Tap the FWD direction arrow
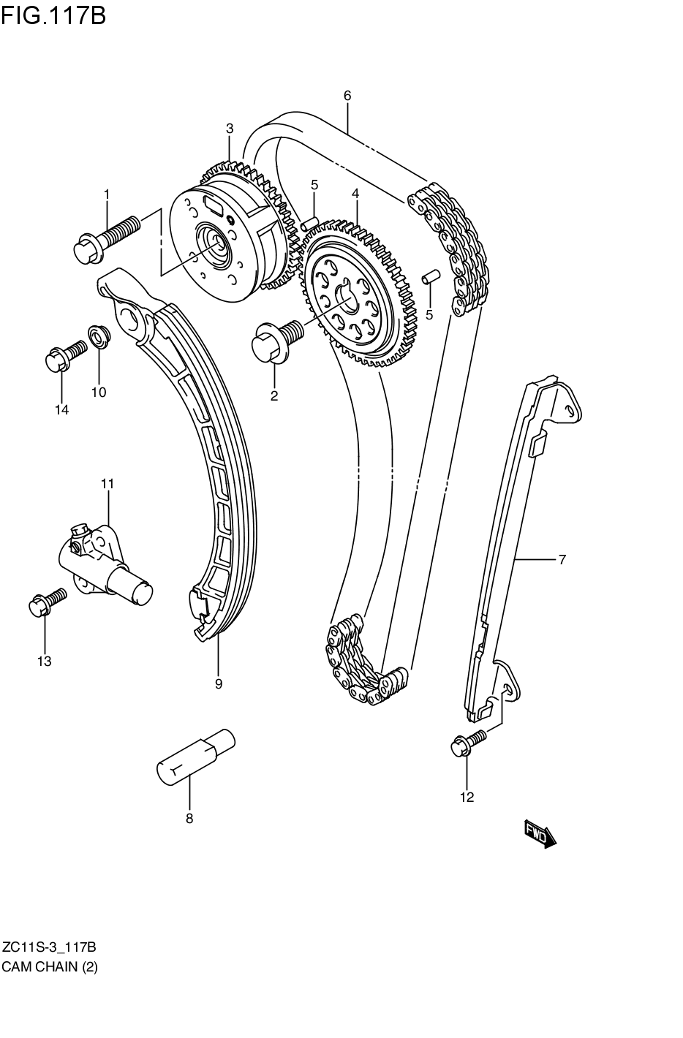click(540, 833)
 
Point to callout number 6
click(347, 95)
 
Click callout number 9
click(218, 684)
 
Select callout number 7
click(562, 560)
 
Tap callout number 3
click(229, 129)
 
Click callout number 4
click(355, 194)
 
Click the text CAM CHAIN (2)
click(50, 966)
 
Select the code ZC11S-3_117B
click(49, 948)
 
